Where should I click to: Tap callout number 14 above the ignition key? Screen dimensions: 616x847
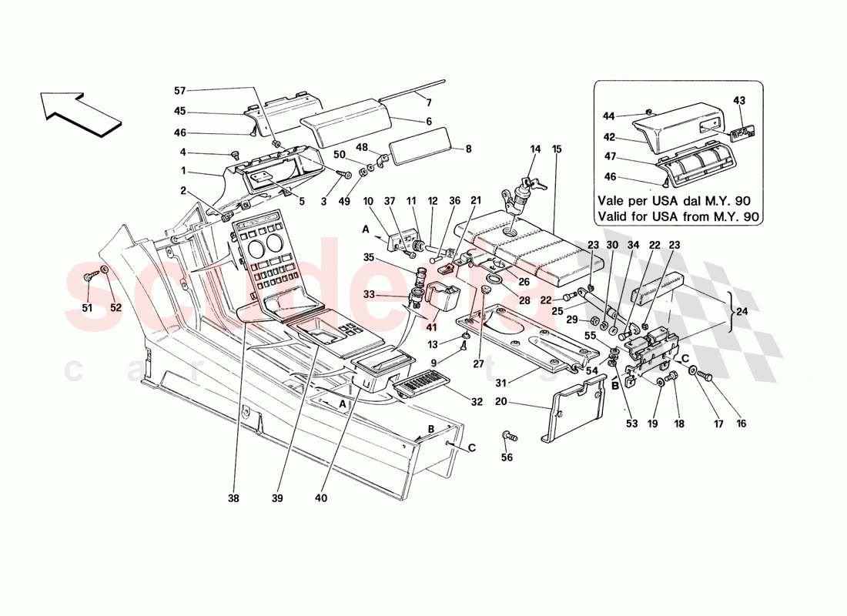[535, 148]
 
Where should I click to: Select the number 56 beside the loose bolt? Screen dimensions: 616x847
[506, 457]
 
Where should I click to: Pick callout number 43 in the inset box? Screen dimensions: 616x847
[740, 101]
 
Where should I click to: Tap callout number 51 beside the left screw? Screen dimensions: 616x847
[88, 308]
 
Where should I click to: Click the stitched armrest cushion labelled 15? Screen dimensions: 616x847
[531, 250]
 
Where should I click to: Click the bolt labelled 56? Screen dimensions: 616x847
[509, 437]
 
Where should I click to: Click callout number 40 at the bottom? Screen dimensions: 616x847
[321, 498]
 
